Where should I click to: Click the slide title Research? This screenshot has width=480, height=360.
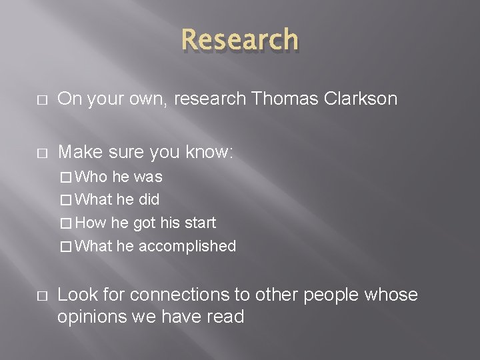pos(239,41)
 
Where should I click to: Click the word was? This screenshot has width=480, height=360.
pos(148,177)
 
